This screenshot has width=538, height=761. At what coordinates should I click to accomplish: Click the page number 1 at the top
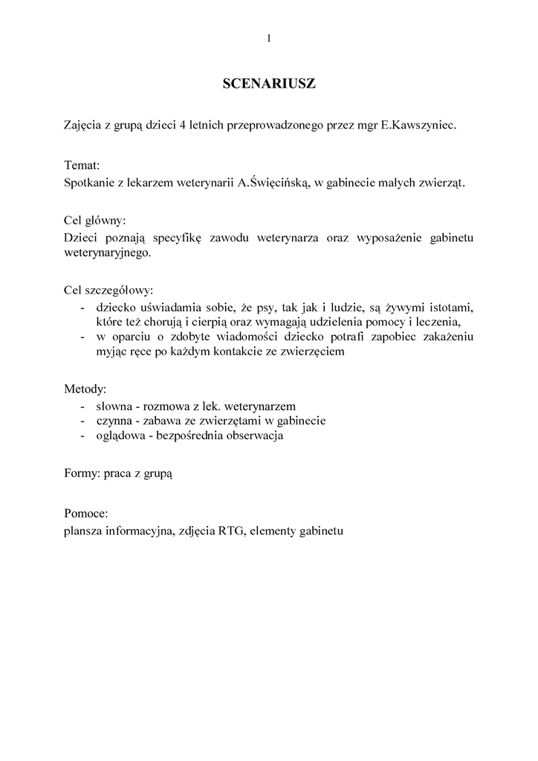(x=269, y=39)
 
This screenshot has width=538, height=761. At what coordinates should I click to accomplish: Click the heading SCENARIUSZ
(x=269, y=85)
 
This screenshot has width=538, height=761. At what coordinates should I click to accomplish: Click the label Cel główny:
(x=95, y=221)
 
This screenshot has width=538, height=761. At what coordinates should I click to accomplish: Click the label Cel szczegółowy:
(x=108, y=291)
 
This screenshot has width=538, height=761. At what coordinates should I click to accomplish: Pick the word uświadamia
(x=174, y=307)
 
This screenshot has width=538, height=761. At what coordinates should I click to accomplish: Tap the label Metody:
(x=85, y=389)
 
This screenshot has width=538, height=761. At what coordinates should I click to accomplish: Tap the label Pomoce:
(x=87, y=514)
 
